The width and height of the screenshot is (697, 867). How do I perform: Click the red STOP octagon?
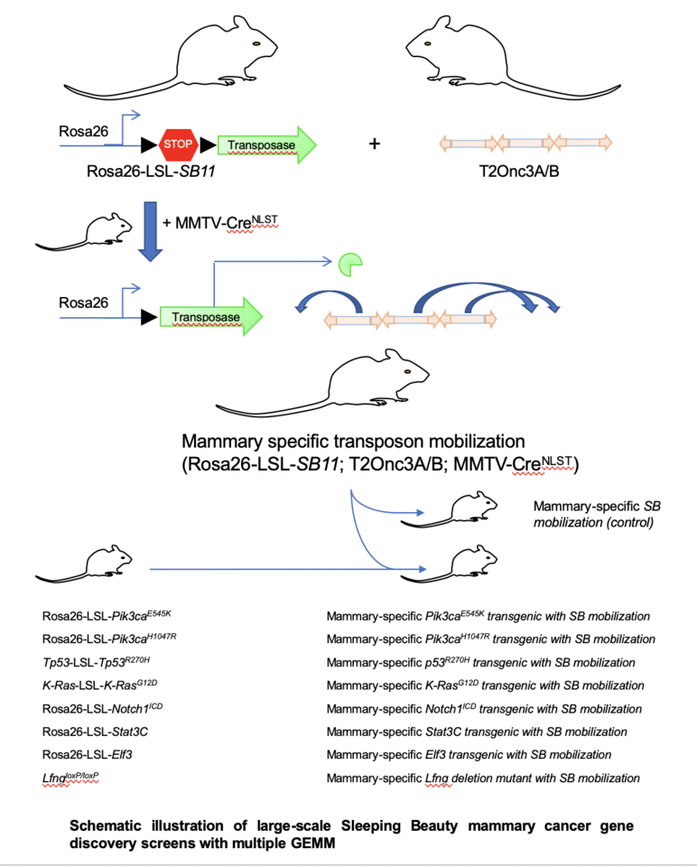pos(178,144)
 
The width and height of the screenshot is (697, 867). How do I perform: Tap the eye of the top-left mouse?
pos(256,42)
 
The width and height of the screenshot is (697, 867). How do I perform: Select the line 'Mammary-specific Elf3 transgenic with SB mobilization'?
pos(469,754)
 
